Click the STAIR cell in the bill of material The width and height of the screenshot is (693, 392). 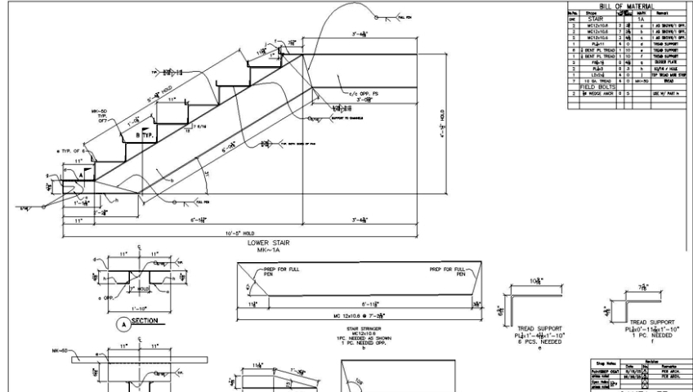pyautogui.click(x=590, y=20)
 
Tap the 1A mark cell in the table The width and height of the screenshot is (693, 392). pyautogui.click(x=640, y=20)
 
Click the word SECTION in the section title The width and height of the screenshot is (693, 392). pyautogui.click(x=145, y=321)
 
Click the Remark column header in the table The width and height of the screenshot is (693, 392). pyautogui.click(x=664, y=14)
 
